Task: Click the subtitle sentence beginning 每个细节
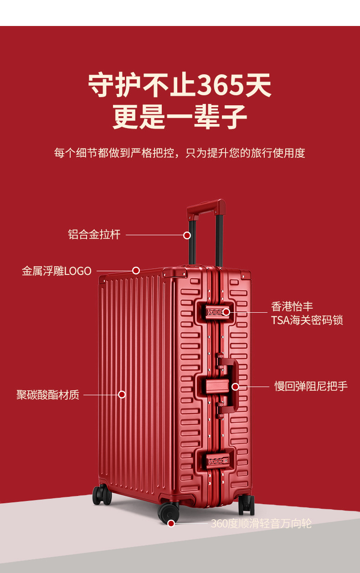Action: coord(180,153)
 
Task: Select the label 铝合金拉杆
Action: coord(94,235)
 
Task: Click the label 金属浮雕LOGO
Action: coord(57,271)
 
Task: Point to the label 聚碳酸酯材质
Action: coord(48,394)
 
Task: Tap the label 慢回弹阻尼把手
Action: coord(311,387)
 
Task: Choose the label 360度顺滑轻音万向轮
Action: coord(261,523)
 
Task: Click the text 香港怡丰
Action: coord(292,306)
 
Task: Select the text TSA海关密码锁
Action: coord(307,320)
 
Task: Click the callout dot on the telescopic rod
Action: coord(187,235)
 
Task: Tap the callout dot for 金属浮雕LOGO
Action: coord(136,270)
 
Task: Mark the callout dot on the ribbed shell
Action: coord(122,394)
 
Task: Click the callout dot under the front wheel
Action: coord(171,523)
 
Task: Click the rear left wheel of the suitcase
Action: coord(102,496)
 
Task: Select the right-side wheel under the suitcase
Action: coord(247,505)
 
